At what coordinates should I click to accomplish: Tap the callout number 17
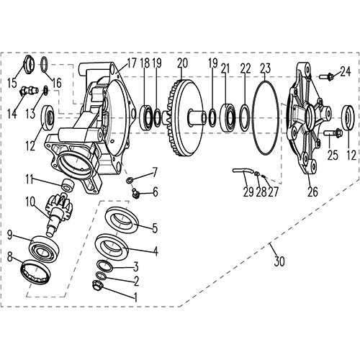pos(131,63)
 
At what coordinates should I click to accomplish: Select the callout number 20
pos(182,63)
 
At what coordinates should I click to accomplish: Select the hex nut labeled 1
pos(101,287)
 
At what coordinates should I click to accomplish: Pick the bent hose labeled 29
pos(242,171)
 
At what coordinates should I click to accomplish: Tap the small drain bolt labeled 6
pos(136,192)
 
